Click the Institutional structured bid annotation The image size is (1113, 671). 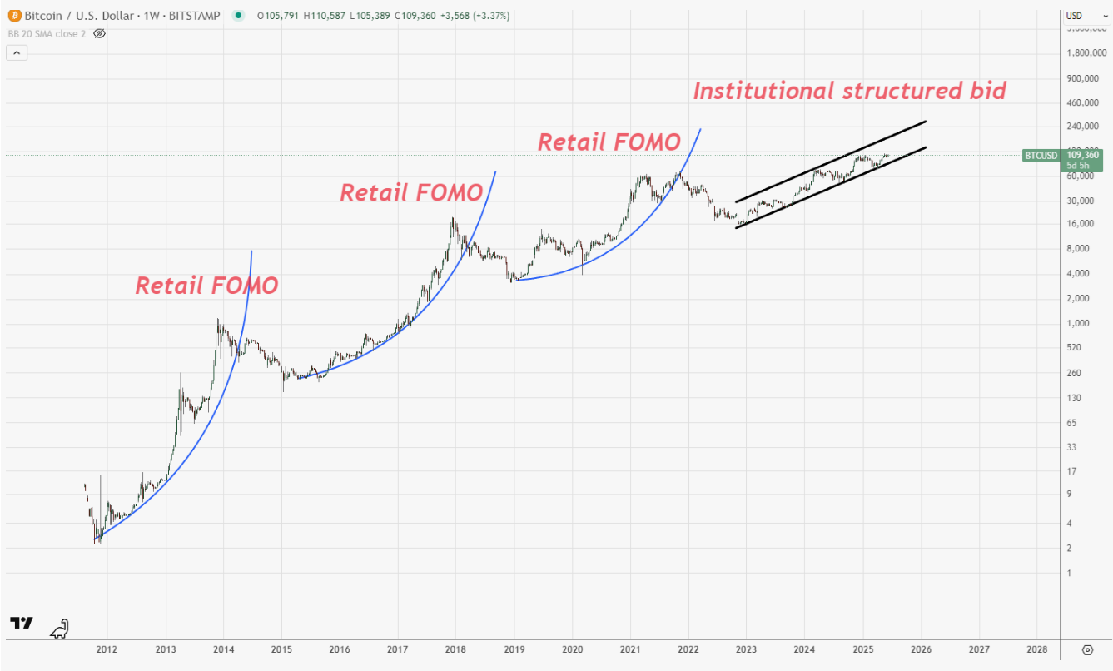coord(849,91)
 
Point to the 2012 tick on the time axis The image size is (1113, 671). coord(106,649)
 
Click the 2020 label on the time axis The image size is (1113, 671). coord(572,649)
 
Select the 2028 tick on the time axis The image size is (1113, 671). coord(1036,649)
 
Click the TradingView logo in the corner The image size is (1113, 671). coord(21,624)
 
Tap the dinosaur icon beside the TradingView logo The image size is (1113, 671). coord(59,629)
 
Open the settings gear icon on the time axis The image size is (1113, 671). coord(1087,649)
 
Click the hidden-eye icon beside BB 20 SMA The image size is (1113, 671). coord(99,33)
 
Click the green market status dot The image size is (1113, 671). coord(239,15)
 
